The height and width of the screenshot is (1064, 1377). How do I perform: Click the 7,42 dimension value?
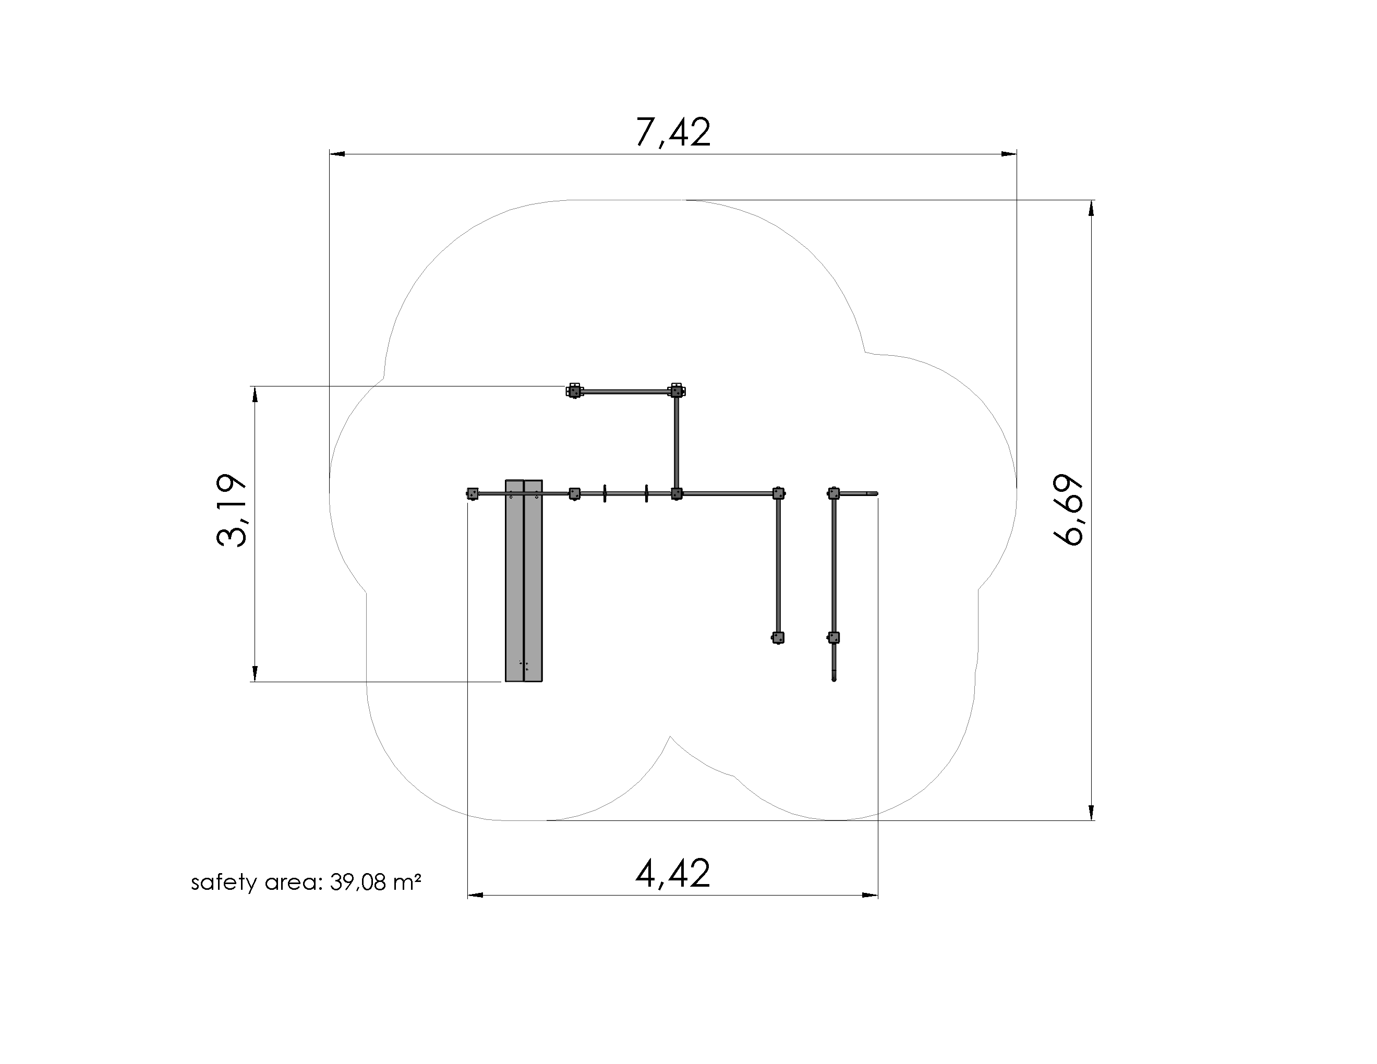(673, 132)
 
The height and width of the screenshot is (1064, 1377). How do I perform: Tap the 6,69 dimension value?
(1068, 509)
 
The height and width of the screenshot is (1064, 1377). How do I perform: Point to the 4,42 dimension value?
(673, 874)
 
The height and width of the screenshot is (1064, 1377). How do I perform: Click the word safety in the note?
(224, 882)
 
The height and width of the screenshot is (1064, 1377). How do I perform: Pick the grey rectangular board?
(523, 581)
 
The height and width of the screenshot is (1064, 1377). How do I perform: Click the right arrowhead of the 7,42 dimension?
(1009, 154)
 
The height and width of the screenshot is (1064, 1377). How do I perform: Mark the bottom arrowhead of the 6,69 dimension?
(1091, 813)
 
